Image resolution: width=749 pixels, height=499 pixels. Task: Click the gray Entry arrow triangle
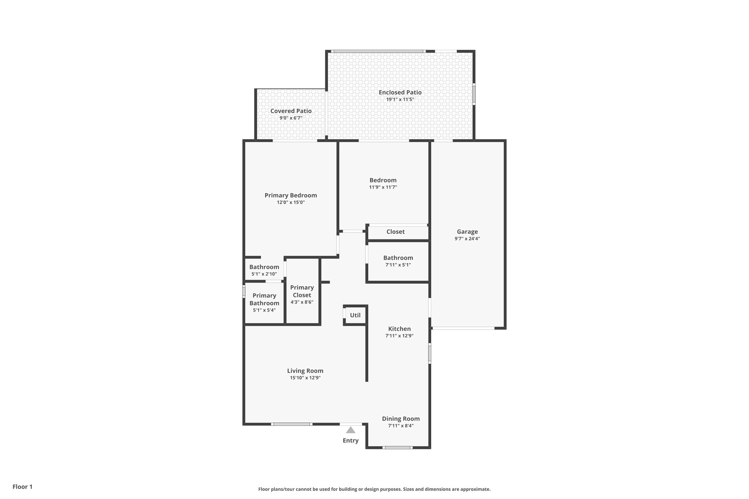[x=350, y=430]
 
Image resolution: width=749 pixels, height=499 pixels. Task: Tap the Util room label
[x=355, y=315]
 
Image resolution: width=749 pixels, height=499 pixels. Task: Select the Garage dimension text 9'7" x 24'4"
[x=467, y=239]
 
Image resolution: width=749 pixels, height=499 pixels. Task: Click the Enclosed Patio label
[x=400, y=92]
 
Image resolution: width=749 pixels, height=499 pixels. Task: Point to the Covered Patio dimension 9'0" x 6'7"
[x=291, y=118]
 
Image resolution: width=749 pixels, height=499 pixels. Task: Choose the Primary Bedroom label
[x=291, y=195]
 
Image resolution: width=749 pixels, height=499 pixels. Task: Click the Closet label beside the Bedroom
[x=395, y=232]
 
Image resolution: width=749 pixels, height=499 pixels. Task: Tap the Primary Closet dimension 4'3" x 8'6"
[x=302, y=302]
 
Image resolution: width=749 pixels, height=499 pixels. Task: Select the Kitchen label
[x=399, y=329]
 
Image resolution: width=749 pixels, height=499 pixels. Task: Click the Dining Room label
[x=401, y=419]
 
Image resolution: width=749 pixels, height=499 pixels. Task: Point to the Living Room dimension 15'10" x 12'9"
[x=305, y=378]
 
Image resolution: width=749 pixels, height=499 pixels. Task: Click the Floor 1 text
[x=23, y=487]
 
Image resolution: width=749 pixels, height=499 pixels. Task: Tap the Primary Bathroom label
[x=264, y=299]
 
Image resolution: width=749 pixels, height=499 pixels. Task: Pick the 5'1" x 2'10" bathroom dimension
[x=264, y=274]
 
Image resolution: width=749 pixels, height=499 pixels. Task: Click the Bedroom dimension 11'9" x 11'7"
[x=383, y=187]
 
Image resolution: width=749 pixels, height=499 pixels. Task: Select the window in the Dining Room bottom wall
[x=397, y=447]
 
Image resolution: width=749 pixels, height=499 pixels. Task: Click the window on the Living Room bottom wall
[x=291, y=424]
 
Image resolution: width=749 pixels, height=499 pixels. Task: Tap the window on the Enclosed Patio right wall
[x=474, y=94]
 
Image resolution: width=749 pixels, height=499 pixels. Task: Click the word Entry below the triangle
[x=350, y=441]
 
